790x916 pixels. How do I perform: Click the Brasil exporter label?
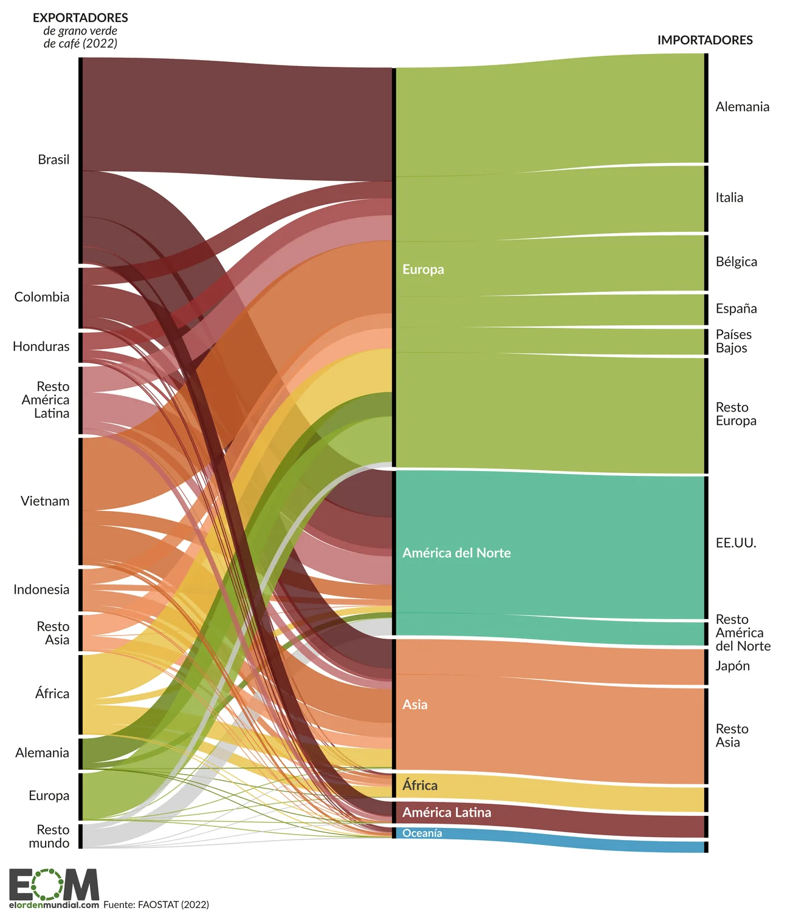[53, 160]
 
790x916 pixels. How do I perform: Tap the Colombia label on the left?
[42, 297]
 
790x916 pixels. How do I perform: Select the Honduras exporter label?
[41, 347]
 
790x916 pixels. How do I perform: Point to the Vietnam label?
[45, 501]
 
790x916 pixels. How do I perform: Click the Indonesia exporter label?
[41, 589]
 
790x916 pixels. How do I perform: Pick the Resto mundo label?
[51, 836]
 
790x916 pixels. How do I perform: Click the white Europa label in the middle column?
[423, 270]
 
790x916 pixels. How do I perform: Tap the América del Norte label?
[456, 553]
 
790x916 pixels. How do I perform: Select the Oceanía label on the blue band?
[422, 833]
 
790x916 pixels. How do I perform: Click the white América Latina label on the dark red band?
[447, 813]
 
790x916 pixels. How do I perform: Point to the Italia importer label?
[729, 198]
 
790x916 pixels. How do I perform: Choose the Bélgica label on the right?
[736, 262]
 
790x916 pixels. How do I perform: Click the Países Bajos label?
[733, 341]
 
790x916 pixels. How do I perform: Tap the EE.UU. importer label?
[735, 543]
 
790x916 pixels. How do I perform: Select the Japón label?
[732, 666]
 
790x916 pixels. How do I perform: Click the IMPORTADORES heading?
[704, 41]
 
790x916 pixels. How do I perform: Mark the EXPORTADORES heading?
[80, 18]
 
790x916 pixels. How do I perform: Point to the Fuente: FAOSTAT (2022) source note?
[156, 904]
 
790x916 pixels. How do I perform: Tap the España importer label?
[736, 309]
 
